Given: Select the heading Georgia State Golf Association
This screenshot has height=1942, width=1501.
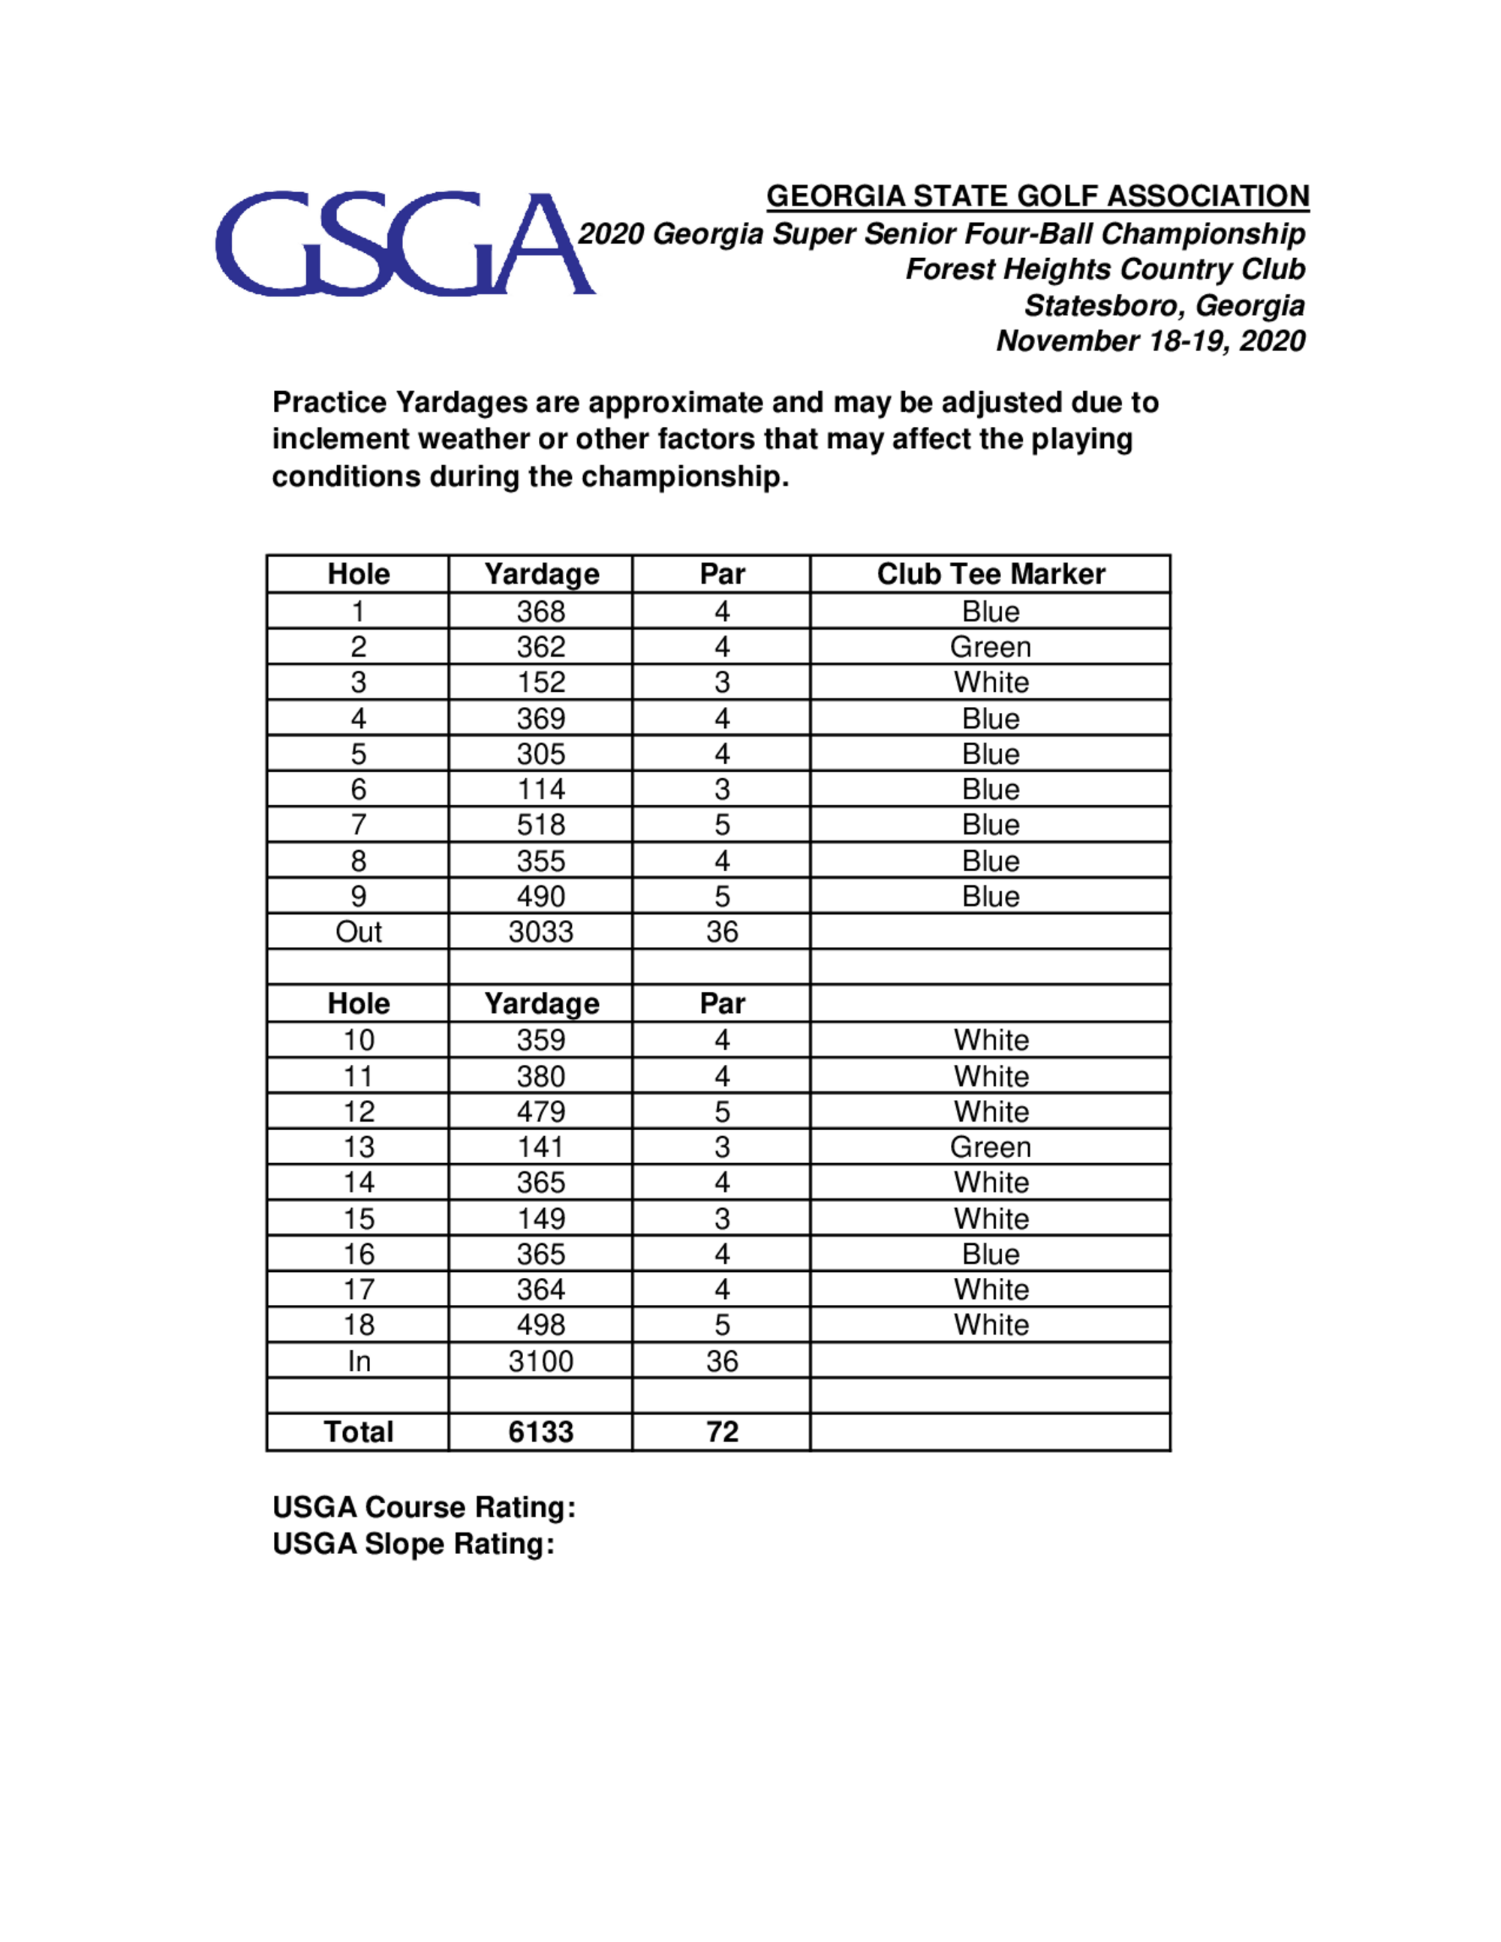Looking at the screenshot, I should [x=1037, y=196].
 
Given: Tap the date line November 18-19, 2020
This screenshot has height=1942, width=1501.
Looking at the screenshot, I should [x=1150, y=341].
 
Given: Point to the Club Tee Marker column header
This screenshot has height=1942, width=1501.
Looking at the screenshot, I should [x=991, y=574].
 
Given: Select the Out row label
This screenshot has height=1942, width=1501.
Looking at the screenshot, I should [x=358, y=932].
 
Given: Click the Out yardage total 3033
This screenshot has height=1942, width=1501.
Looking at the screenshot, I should [x=540, y=932].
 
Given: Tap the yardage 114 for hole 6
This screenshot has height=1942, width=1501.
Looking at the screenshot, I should [x=540, y=789].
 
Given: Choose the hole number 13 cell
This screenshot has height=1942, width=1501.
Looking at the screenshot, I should [x=358, y=1147].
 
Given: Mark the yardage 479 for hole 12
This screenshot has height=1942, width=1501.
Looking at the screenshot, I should [x=540, y=1111].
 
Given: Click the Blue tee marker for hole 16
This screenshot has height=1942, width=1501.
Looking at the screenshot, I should [x=991, y=1254].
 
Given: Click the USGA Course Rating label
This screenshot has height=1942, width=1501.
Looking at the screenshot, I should [x=424, y=1508].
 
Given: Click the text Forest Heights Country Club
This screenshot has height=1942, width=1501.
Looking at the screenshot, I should [x=1105, y=269].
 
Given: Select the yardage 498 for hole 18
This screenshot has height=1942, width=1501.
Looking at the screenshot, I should [x=540, y=1325].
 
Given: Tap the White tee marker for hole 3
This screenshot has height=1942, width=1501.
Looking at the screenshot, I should [x=991, y=682].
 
